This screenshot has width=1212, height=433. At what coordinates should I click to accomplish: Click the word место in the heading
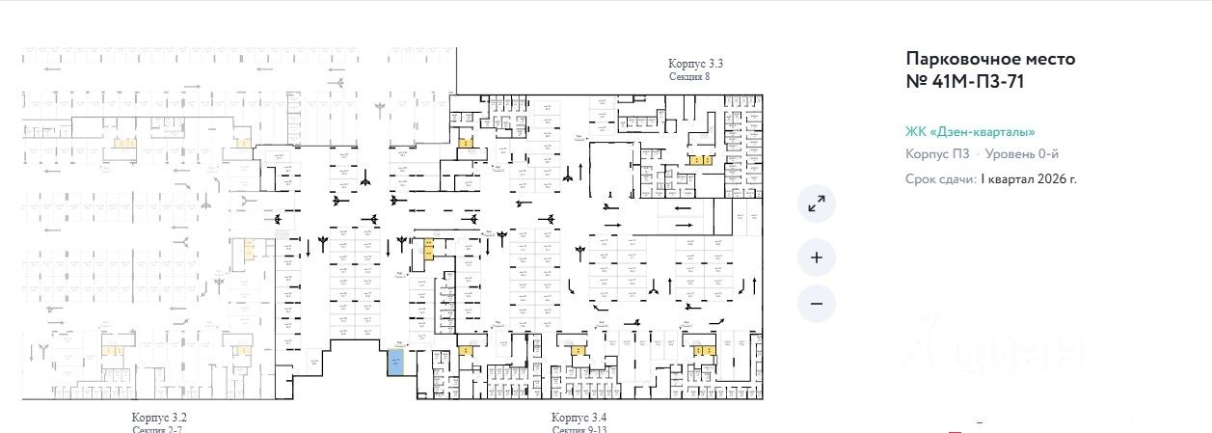pos(1049,59)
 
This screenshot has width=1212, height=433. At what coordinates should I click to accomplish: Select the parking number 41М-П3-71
pos(975,82)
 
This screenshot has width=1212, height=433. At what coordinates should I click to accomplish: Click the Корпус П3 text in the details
pos(937,154)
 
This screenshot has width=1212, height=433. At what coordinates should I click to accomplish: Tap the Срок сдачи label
pos(941,179)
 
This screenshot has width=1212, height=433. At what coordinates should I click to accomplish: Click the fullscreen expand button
pos(817,203)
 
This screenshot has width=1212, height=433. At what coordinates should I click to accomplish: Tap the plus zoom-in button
pos(817,257)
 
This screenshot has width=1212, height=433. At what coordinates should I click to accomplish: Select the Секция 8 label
pos(689,75)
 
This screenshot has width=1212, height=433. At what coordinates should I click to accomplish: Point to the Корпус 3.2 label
pos(159,417)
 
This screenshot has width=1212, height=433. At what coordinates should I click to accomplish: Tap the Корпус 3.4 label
pos(579,417)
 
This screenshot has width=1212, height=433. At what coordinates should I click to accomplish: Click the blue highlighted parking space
pos(395,363)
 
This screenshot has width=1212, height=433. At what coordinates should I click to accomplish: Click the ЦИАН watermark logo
pos(993,352)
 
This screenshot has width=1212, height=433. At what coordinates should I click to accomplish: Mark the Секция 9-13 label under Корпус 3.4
pos(579,429)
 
